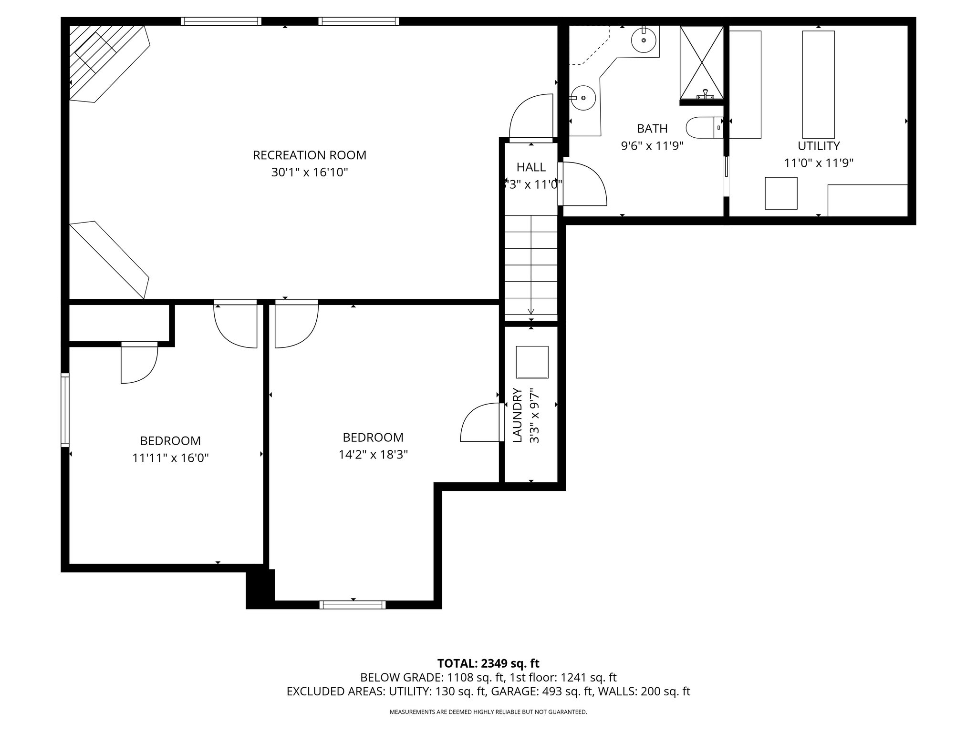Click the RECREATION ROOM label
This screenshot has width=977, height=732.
pyautogui.click(x=309, y=155)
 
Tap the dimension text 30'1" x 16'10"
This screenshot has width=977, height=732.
pyautogui.click(x=309, y=173)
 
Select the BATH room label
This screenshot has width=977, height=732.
pyautogui.click(x=652, y=129)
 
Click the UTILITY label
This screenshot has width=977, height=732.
pyautogui.click(x=819, y=146)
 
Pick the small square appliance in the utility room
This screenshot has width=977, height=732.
pyautogui.click(x=781, y=193)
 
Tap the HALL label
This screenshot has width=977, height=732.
pyautogui.click(x=531, y=167)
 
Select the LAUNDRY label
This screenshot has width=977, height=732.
pyautogui.click(x=517, y=416)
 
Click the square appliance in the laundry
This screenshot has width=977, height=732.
pyautogui.click(x=532, y=362)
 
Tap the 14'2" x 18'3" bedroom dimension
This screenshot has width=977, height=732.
pyautogui.click(x=373, y=455)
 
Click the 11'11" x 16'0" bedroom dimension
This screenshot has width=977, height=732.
pyautogui.click(x=170, y=458)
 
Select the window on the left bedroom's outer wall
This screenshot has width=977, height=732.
pyautogui.click(x=65, y=410)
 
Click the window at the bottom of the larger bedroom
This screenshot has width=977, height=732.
pyautogui.click(x=353, y=605)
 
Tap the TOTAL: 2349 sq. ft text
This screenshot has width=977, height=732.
pyautogui.click(x=488, y=663)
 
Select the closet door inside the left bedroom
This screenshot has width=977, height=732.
pyautogui.click(x=138, y=362)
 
